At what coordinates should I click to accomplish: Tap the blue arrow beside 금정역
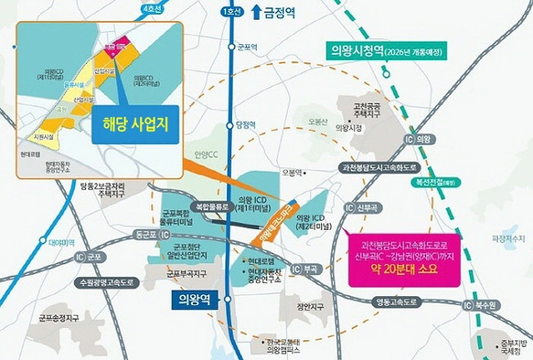click(x=256, y=12)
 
